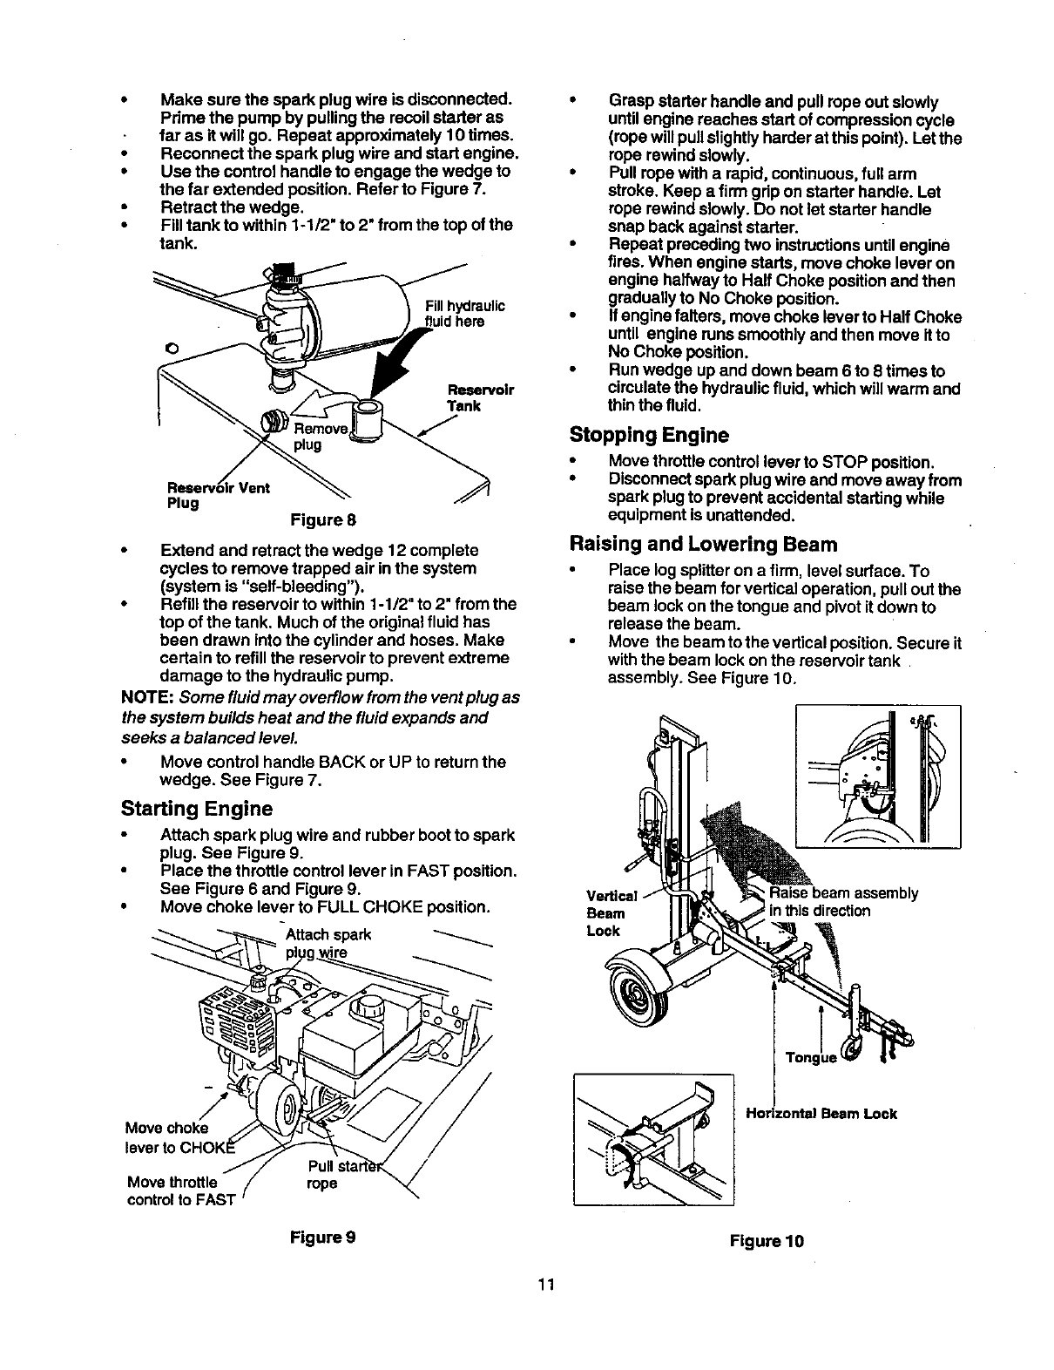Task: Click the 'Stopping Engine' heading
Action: [x=648, y=435]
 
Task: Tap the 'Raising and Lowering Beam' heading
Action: [x=702, y=545]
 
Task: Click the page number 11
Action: [x=546, y=1284]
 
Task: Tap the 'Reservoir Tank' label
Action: [x=480, y=397]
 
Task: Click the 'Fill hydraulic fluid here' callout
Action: [x=464, y=313]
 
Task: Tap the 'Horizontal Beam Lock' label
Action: [x=821, y=1113]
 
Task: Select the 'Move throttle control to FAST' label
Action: [x=181, y=1190]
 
